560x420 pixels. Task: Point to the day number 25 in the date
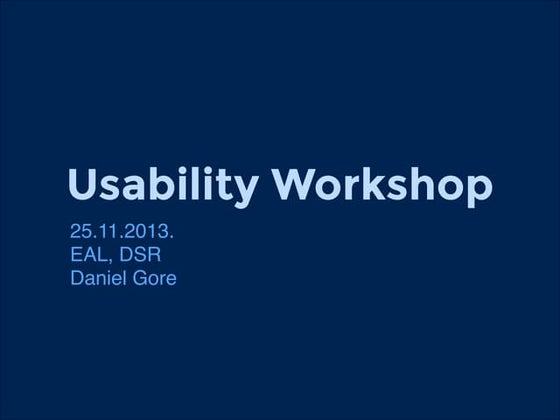pos(81,233)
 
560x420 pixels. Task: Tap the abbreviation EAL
pos(88,255)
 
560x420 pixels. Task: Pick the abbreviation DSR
pos(139,255)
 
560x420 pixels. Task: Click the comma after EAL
pos(110,261)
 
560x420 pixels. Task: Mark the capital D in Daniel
pos(77,277)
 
